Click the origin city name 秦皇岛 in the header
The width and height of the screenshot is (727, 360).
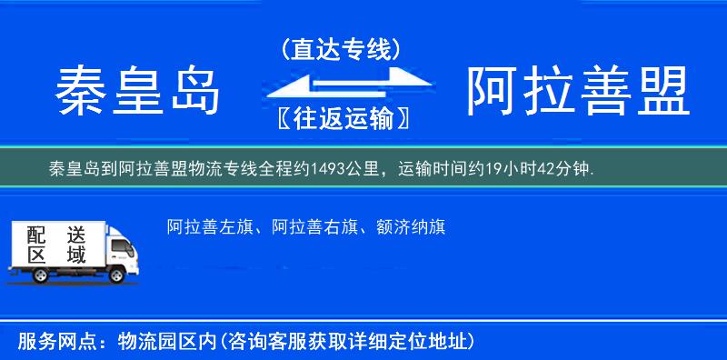coord(138,92)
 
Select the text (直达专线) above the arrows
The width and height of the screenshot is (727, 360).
coord(342,50)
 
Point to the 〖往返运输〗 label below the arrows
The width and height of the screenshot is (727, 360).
coord(340,118)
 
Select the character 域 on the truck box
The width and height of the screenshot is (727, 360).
coord(76,255)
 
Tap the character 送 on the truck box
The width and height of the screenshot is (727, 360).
coord(76,234)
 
